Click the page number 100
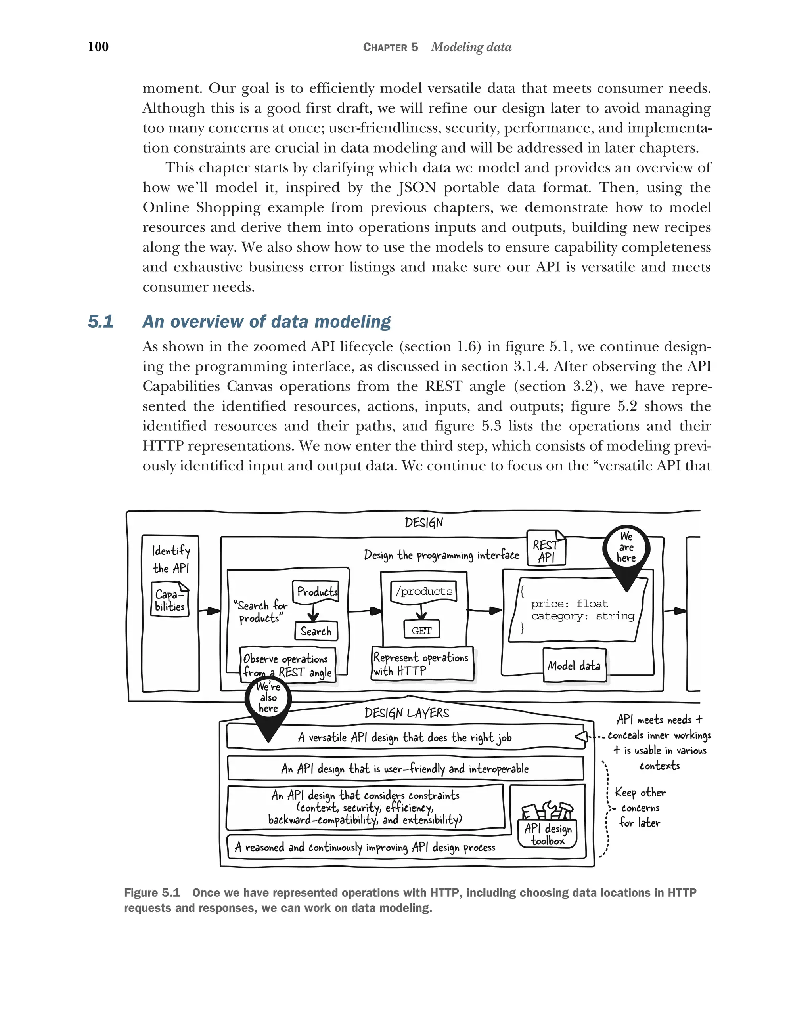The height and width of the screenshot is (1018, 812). tap(98, 46)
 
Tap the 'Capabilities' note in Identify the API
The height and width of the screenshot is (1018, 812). tap(170, 600)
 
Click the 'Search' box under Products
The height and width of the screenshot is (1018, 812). tap(316, 631)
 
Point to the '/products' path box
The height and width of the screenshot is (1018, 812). tap(424, 591)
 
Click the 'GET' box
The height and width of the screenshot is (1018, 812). tap(421, 630)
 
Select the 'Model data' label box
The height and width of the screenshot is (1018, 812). tap(574, 666)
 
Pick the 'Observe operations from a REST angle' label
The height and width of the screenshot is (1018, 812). tap(287, 665)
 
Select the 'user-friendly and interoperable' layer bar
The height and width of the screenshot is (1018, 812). tap(405, 769)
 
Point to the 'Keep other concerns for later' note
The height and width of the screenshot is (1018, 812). tap(640, 808)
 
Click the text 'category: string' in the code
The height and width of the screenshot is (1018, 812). tap(582, 616)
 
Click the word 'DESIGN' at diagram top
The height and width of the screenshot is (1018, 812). tap(424, 523)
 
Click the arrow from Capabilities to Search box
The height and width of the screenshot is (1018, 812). tap(209, 611)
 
